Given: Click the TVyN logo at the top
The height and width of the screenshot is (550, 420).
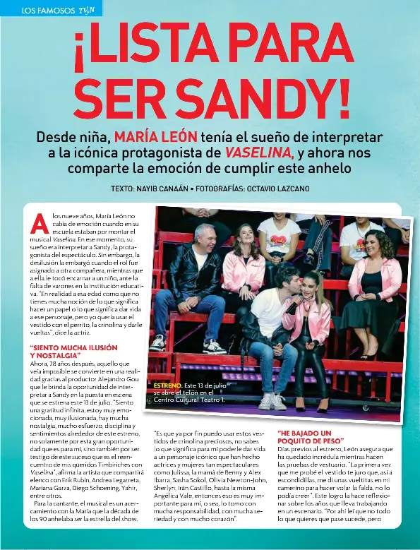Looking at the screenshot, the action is click(87, 10).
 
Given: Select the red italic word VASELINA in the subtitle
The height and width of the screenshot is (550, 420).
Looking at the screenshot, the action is click(258, 153).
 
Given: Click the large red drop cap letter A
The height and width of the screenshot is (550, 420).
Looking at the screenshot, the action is click(39, 222).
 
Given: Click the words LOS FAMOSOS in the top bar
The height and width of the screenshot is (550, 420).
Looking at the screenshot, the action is click(48, 10).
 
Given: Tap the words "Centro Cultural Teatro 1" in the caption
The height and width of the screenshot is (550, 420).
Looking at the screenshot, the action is click(189, 400).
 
